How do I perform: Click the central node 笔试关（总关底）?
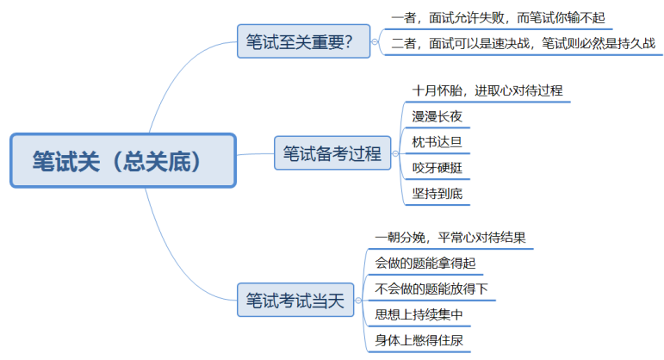pyautogui.click(x=122, y=160)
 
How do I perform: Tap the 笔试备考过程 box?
pyautogui.click(x=331, y=154)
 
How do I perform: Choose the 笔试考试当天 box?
pyautogui.click(x=295, y=301)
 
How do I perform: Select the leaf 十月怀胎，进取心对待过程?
pyautogui.click(x=487, y=90)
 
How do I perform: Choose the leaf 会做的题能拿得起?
pyautogui.click(x=425, y=264)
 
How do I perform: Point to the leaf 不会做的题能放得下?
pyautogui.click(x=431, y=289)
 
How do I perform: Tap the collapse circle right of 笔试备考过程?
pyautogui.click(x=395, y=154)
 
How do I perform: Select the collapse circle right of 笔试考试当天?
pyautogui.click(x=359, y=301)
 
